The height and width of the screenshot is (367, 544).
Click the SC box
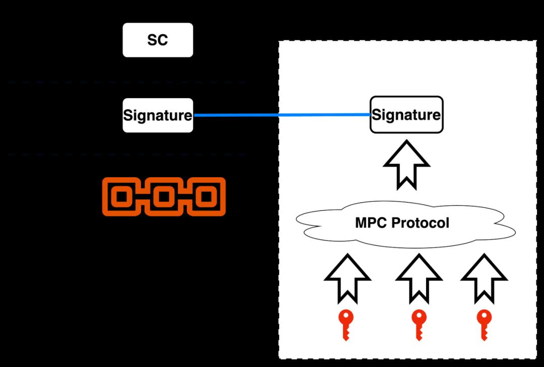(x=158, y=40)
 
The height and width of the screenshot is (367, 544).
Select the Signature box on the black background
(x=158, y=115)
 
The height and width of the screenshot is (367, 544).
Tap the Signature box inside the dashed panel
(x=406, y=115)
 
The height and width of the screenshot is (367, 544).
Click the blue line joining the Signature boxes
(x=282, y=115)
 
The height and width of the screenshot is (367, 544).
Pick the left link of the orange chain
(x=121, y=196)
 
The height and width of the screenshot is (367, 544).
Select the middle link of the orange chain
(x=164, y=196)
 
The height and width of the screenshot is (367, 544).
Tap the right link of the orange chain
(x=206, y=196)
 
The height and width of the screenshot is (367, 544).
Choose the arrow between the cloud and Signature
(x=406, y=164)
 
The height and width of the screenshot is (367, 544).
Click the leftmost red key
(x=346, y=324)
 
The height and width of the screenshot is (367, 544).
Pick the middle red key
(x=419, y=324)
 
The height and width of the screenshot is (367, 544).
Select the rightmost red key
(x=484, y=324)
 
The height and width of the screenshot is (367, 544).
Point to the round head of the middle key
(x=419, y=317)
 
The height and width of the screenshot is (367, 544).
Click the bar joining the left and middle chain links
(x=143, y=196)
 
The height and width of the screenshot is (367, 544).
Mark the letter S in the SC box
(x=152, y=40)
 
